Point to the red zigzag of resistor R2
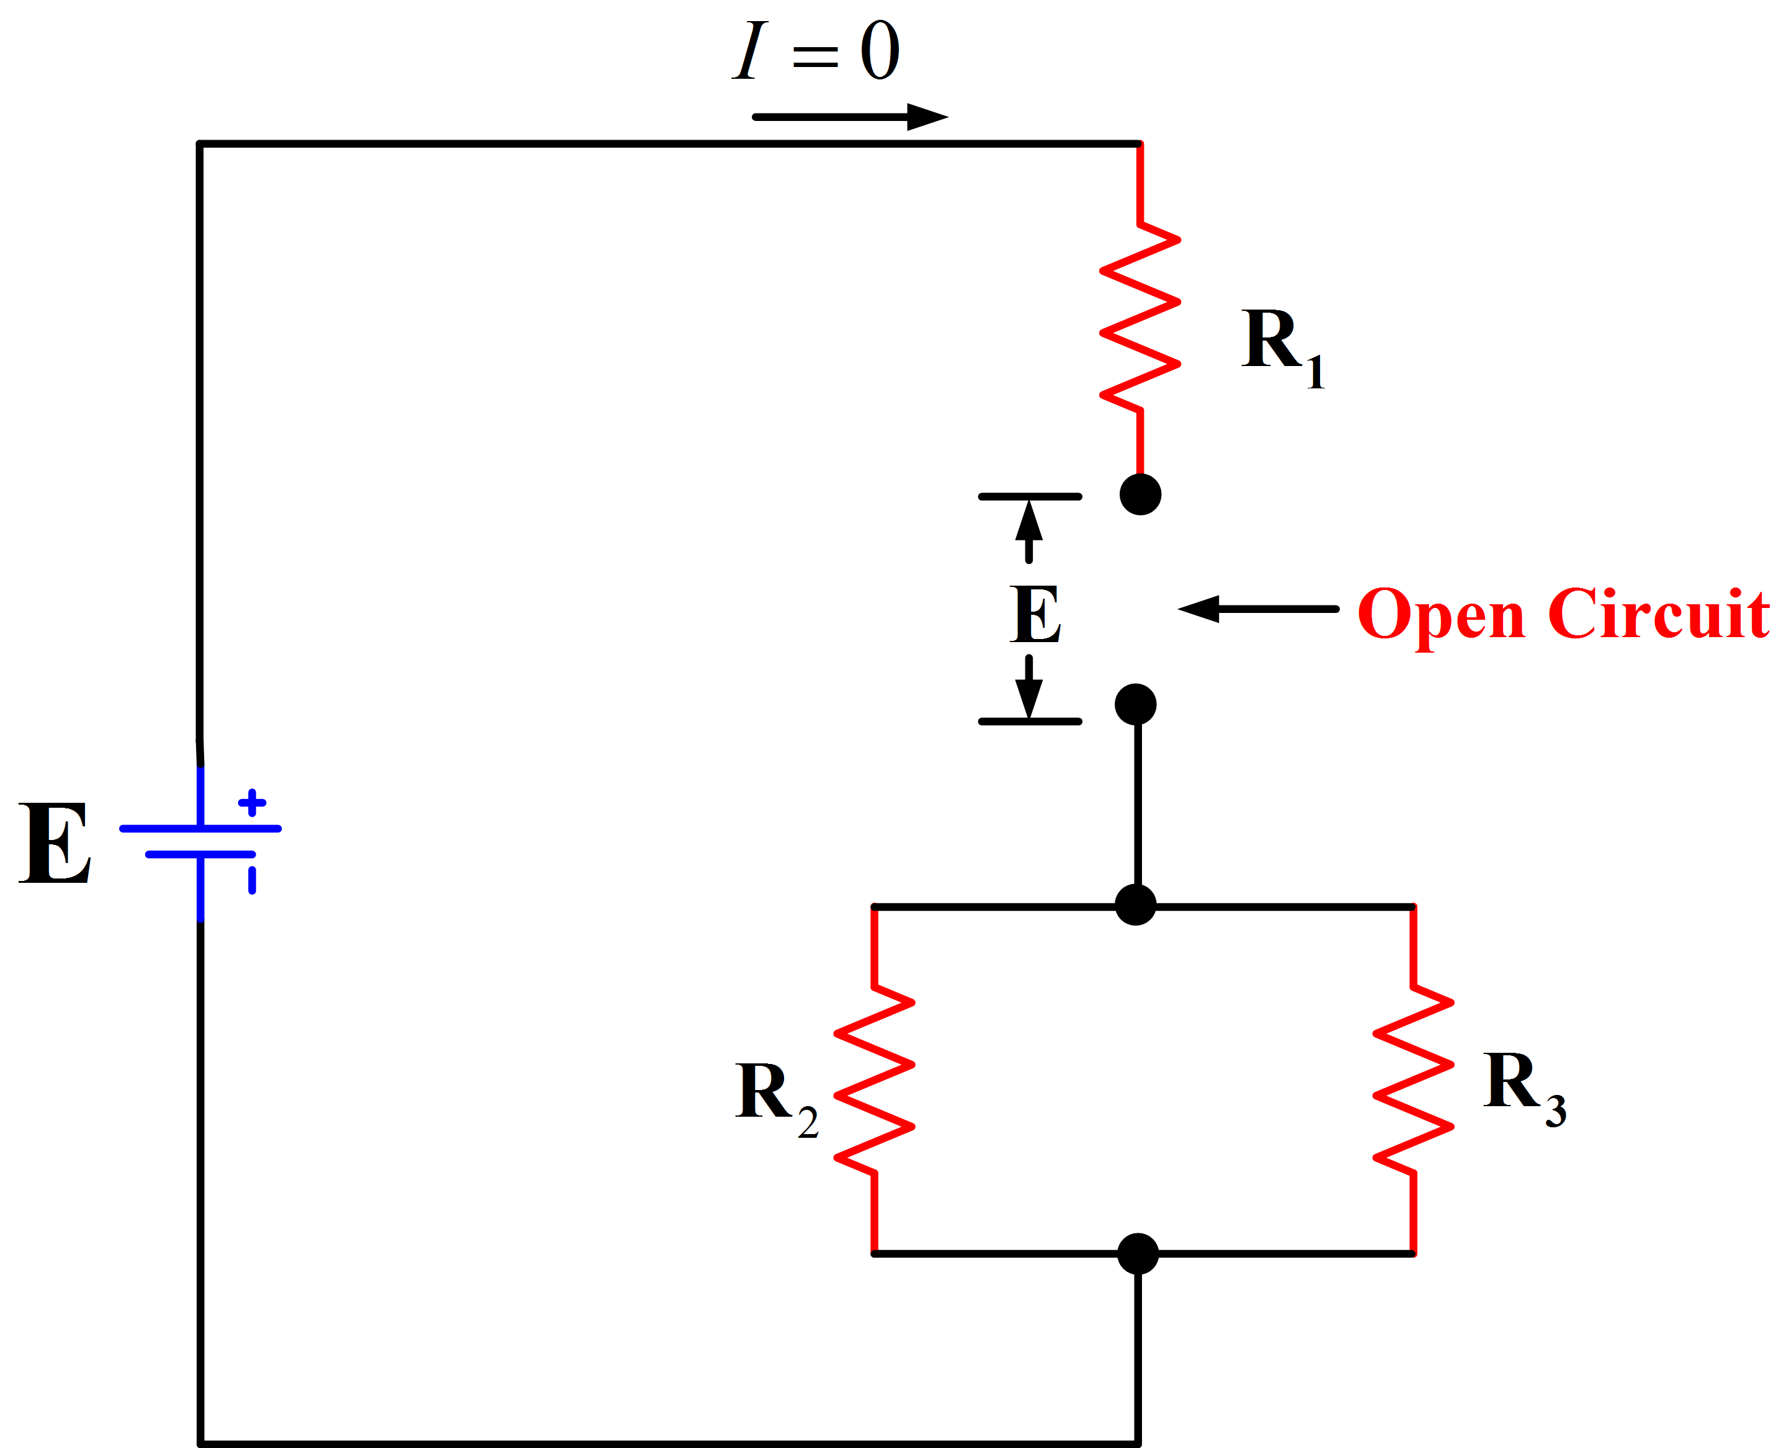point(874,1079)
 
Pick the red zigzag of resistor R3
point(1414,1079)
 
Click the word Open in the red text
point(1441,615)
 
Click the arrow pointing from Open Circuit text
point(1259,609)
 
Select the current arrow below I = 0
point(850,117)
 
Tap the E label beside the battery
point(55,843)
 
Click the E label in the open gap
point(1035,614)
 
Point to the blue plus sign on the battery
point(252,802)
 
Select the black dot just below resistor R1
point(1140,494)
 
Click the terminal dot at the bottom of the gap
point(1136,705)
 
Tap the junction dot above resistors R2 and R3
point(1136,905)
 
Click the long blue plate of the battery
point(201,828)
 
